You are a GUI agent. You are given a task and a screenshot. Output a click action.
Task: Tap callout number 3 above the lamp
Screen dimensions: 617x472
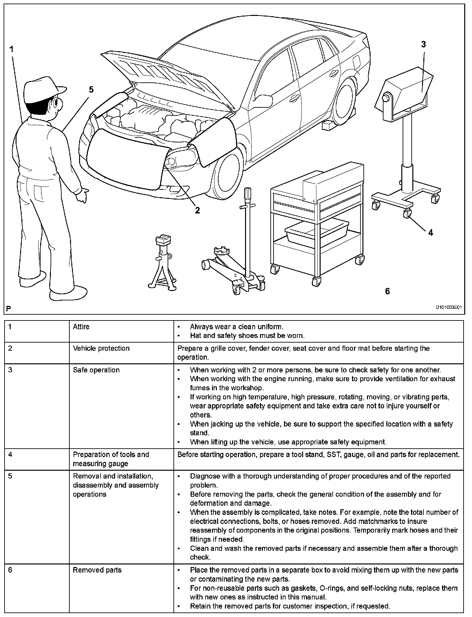click(423, 44)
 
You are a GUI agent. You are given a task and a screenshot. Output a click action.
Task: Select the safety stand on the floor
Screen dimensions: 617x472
click(162, 263)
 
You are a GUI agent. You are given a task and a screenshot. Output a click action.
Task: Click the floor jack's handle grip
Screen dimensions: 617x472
click(249, 195)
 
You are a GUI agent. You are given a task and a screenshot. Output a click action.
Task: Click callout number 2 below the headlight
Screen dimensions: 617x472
click(197, 210)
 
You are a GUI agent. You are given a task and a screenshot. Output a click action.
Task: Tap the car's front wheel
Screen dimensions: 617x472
click(227, 175)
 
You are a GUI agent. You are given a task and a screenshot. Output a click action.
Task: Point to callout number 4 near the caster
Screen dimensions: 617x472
click(431, 232)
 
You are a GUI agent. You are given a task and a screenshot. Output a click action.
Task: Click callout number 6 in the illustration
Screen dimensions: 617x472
click(387, 291)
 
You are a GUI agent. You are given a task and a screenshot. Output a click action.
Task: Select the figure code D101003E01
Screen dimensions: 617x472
click(448, 307)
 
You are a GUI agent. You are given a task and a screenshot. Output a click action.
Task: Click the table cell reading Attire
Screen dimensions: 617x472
click(81, 327)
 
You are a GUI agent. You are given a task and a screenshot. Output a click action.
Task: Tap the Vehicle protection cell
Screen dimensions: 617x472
click(101, 348)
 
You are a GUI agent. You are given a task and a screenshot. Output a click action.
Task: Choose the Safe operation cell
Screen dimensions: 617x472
click(96, 370)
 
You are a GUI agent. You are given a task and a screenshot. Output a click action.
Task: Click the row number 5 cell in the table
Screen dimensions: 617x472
click(10, 476)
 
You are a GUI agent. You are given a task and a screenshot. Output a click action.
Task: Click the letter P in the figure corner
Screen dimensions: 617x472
click(8, 308)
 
